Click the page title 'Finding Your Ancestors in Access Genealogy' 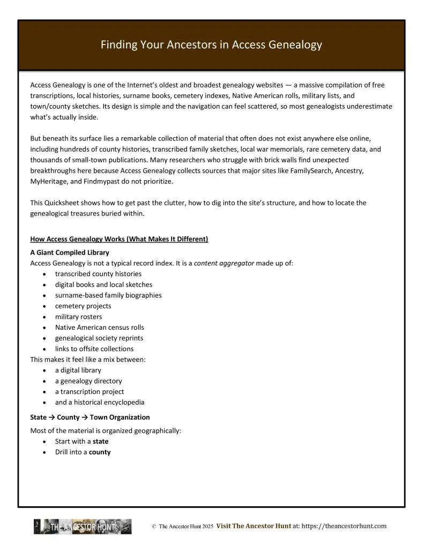click(x=211, y=45)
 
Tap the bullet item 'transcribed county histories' click(x=98, y=274)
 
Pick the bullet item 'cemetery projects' click(x=83, y=306)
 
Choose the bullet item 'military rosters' click(x=78, y=317)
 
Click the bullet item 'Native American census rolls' click(x=99, y=328)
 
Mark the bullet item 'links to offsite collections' click(x=94, y=349)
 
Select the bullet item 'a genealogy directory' click(x=88, y=381)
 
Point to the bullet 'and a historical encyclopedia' click(x=100, y=403)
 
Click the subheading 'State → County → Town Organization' click(x=90, y=417)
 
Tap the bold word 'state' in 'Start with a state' click(x=100, y=441)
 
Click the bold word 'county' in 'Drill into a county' click(x=100, y=452)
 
